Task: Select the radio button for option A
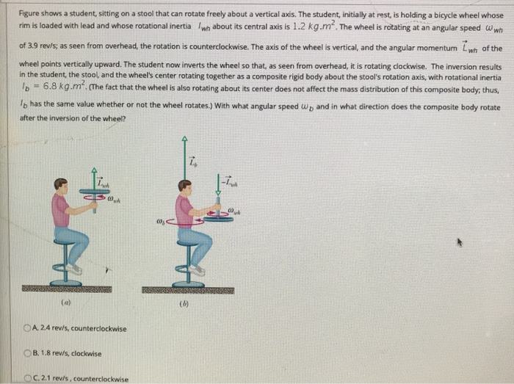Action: point(26,328)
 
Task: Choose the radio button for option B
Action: point(26,354)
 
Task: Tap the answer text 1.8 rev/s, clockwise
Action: point(66,354)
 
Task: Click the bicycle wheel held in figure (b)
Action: point(217,217)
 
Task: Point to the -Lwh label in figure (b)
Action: point(228,180)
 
